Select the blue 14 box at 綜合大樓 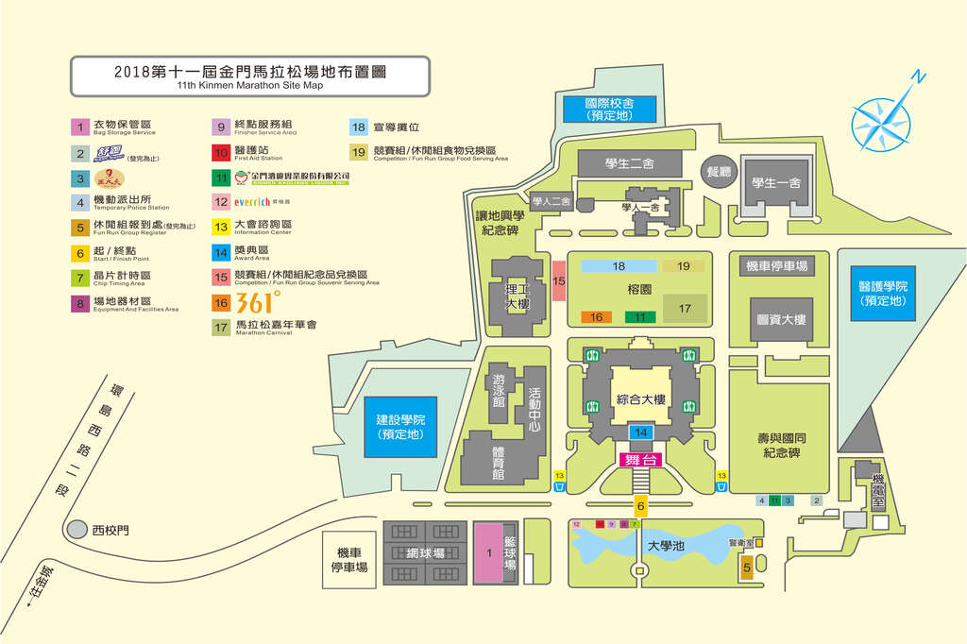coord(640,432)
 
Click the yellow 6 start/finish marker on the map coord(640,507)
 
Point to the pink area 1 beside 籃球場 coord(489,552)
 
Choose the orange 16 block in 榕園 coord(597,317)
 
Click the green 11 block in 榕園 coord(641,317)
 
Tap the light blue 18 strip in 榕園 coord(619,266)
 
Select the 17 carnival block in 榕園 coord(685,308)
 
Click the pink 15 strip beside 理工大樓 coord(559,281)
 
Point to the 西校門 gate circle coord(79,531)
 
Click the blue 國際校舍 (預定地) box coord(608,109)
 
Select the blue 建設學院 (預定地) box coord(400,427)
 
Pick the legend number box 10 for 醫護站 coord(221,150)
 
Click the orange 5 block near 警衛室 coord(746,568)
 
